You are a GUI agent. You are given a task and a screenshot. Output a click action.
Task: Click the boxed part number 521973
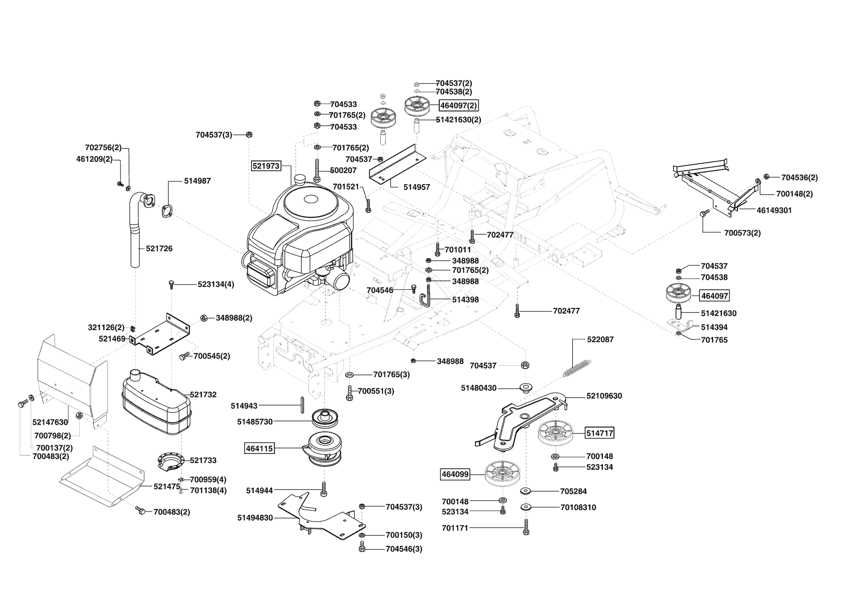point(265,166)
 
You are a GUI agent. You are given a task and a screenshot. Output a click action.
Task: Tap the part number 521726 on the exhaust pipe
point(159,249)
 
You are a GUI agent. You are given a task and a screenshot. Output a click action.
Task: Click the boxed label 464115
point(259,449)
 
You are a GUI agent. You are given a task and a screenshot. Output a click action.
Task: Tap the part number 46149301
point(774,210)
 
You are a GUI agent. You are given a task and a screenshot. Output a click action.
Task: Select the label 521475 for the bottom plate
point(167,487)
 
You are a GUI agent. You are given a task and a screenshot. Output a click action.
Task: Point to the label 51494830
point(255,518)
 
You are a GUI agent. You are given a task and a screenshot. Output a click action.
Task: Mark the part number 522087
point(601,339)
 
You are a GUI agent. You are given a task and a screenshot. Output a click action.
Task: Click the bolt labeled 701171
point(527,527)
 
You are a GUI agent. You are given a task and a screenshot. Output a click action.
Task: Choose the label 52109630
point(604,396)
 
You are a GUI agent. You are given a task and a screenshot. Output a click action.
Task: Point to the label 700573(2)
point(742,233)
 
